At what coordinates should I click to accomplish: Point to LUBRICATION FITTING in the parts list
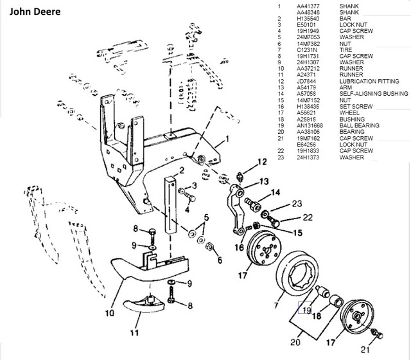(x=368, y=81)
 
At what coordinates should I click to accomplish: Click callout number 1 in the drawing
(x=226, y=139)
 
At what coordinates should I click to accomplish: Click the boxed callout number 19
(x=305, y=310)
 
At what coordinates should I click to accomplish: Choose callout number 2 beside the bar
(x=182, y=171)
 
